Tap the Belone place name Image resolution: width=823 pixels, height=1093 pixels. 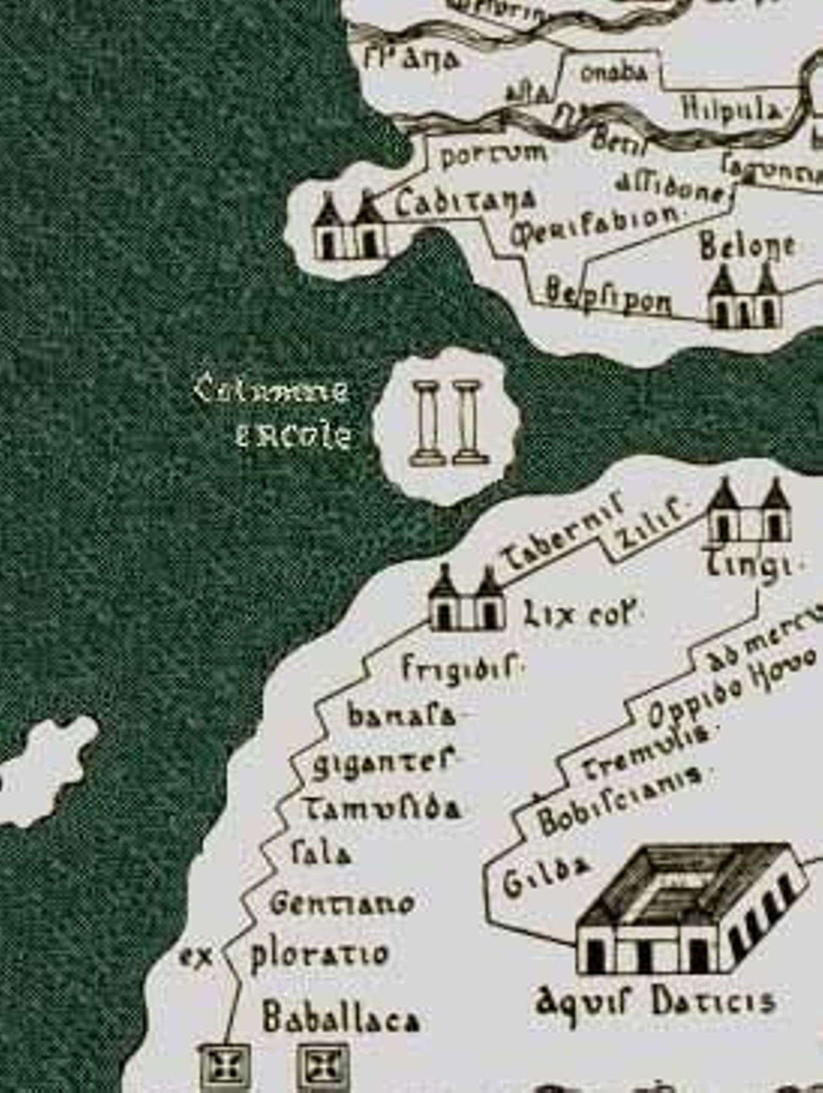[747, 248]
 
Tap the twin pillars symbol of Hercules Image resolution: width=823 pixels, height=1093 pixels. [445, 425]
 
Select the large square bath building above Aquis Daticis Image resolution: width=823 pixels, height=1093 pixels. [689, 910]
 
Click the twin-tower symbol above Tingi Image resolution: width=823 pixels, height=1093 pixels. [749, 512]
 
